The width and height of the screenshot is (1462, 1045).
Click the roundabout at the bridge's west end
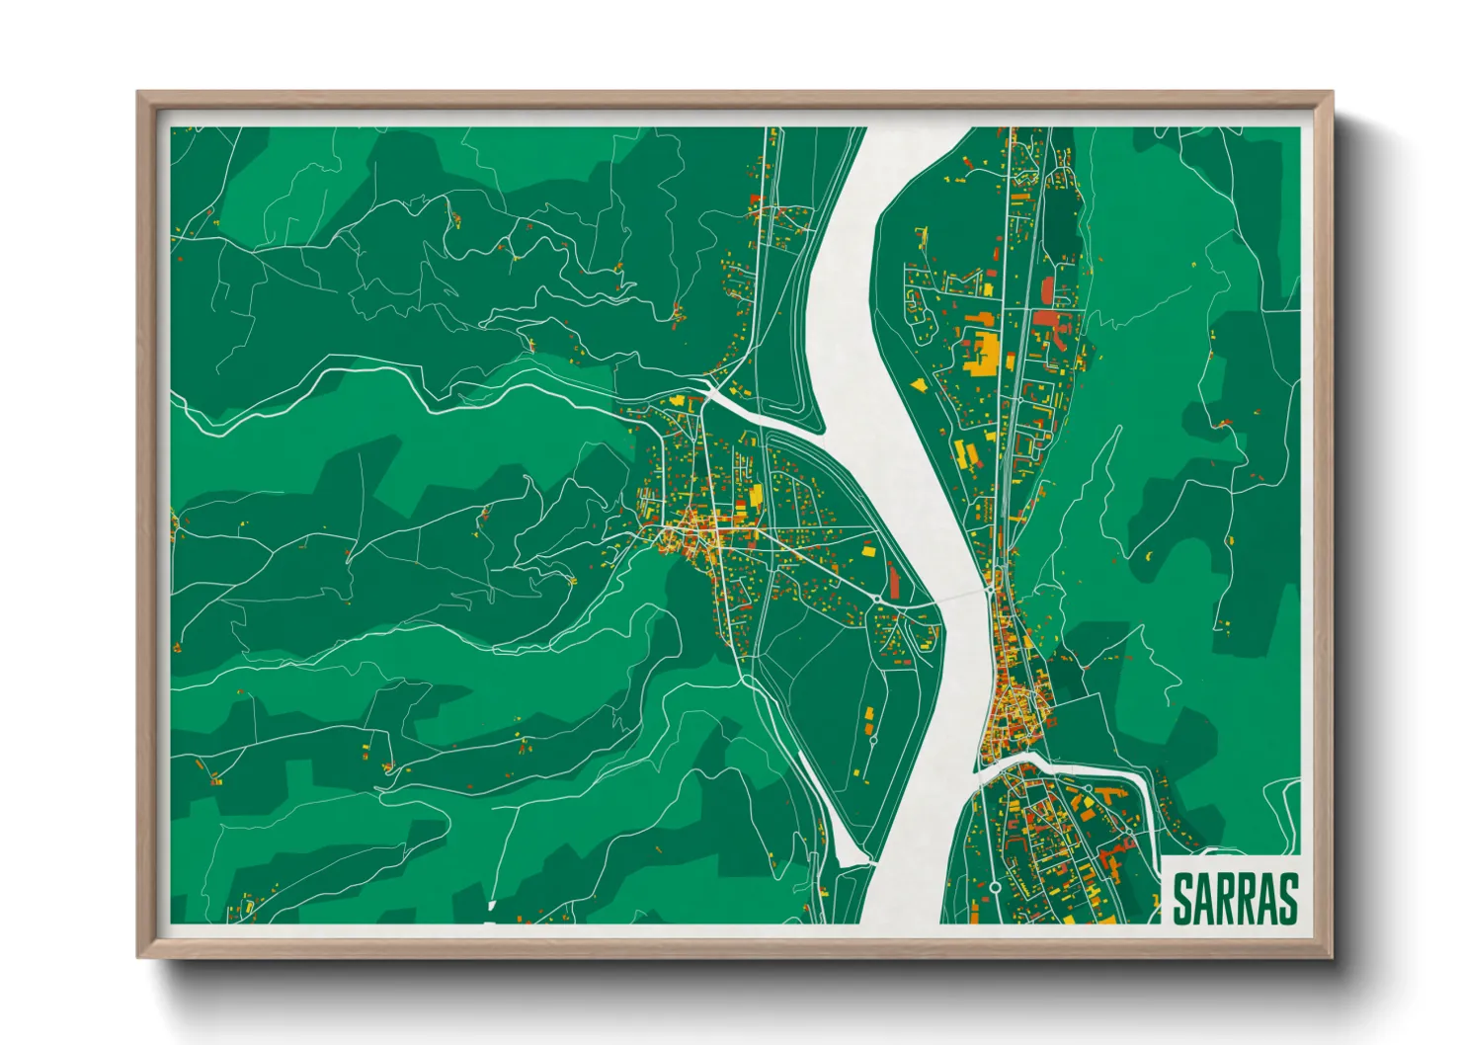coord(878,600)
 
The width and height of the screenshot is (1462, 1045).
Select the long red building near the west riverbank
coord(895,580)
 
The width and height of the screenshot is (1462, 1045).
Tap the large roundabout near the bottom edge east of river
coord(995,887)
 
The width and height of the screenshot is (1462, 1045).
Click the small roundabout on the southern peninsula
coord(873,740)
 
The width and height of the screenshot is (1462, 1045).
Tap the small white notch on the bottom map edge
coord(491,904)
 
